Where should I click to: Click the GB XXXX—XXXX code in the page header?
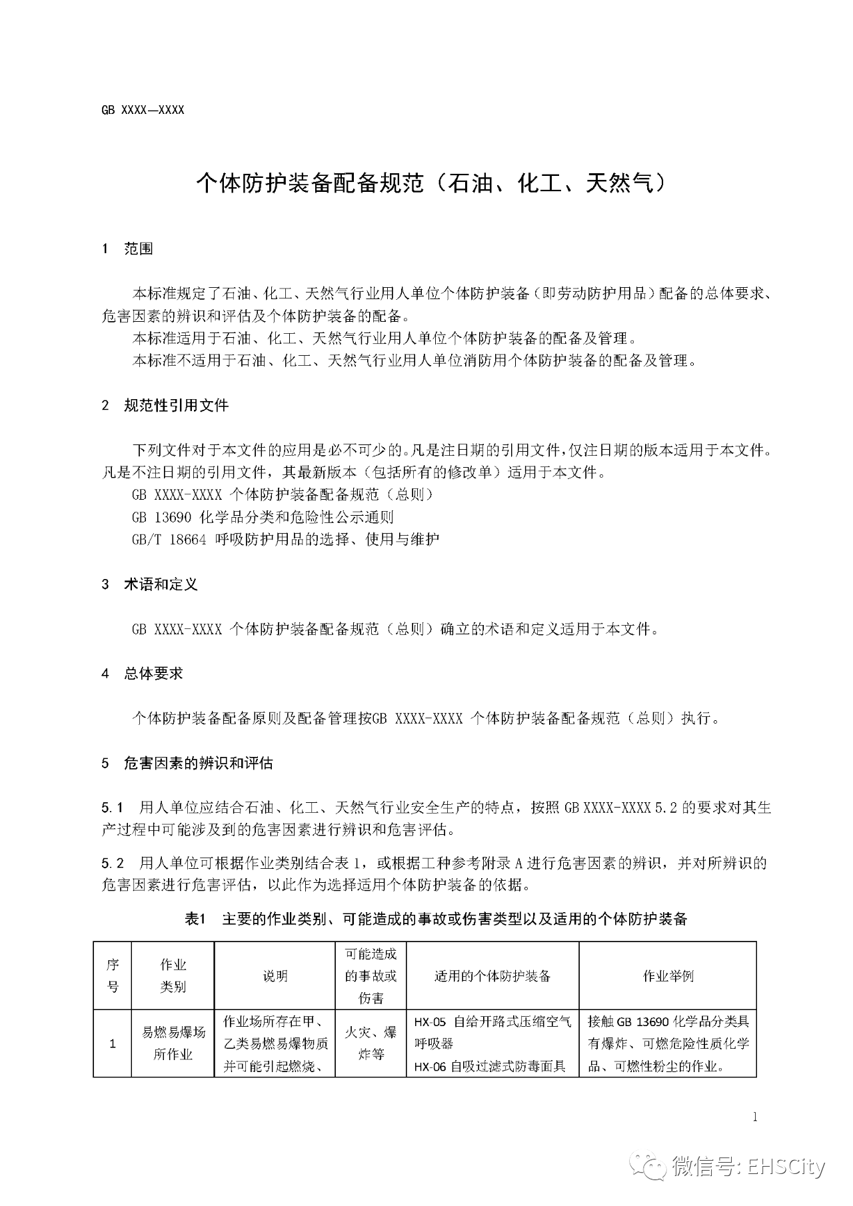[x=143, y=110]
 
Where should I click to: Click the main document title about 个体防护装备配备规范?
[x=430, y=183]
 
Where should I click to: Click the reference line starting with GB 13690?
[x=263, y=517]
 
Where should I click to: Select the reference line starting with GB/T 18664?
[x=285, y=539]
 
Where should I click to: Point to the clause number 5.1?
[x=113, y=808]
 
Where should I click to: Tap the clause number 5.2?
[x=113, y=864]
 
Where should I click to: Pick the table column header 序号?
[x=113, y=975]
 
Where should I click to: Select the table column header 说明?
[x=275, y=976]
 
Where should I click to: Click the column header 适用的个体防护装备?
[x=492, y=976]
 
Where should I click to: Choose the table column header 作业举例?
[x=668, y=976]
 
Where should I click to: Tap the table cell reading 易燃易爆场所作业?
[x=173, y=1043]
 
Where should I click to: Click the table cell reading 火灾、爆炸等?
[x=371, y=1043]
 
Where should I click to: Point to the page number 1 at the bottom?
[x=754, y=1117]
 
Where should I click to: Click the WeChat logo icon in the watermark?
[x=649, y=1166]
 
